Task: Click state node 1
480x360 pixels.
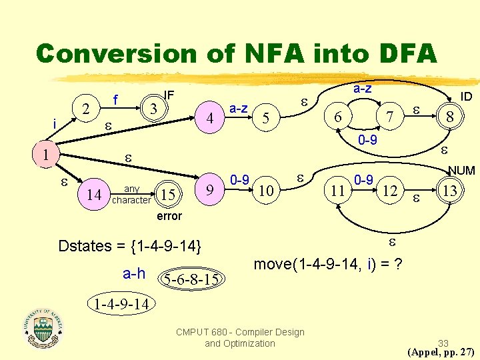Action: [x=45, y=155]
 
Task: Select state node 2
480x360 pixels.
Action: [x=85, y=109]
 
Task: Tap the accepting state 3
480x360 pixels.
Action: [x=153, y=107]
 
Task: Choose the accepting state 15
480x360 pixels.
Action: [x=169, y=195]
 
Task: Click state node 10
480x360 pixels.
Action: [x=265, y=191]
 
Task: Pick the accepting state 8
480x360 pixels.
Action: [x=450, y=117]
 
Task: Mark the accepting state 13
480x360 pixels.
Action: [x=450, y=191]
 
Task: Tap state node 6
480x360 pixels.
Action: [x=338, y=117]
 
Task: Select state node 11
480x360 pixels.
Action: [x=338, y=191]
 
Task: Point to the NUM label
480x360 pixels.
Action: [x=461, y=171]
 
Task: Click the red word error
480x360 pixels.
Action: [x=169, y=216]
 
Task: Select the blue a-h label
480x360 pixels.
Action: [x=135, y=273]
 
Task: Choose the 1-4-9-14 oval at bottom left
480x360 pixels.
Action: [x=121, y=305]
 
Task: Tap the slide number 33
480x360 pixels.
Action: [x=443, y=343]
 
